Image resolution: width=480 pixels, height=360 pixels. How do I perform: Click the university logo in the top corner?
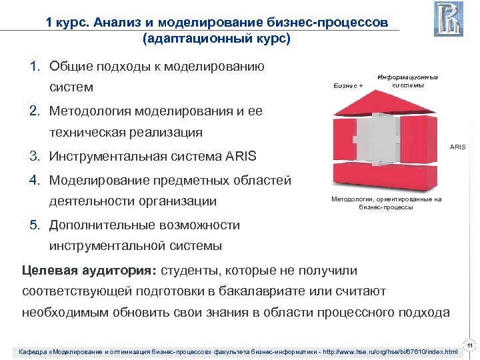tap(448, 19)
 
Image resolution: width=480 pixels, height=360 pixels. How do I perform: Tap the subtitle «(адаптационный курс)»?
tap(216, 39)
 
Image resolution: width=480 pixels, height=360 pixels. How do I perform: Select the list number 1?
tap(33, 67)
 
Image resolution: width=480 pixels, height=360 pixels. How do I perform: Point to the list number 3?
tap(33, 157)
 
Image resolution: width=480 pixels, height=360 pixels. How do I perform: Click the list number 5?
tap(33, 225)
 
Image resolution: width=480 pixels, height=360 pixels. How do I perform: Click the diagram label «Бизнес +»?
tap(347, 86)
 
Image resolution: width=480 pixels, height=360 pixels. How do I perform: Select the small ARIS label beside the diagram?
tap(457, 147)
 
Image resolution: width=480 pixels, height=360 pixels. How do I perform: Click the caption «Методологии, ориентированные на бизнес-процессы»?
tap(386, 203)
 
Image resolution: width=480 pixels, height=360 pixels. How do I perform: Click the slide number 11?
tap(470, 345)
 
